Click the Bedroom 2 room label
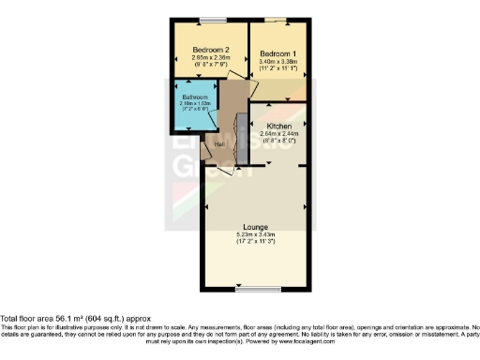pyautogui.click(x=211, y=50)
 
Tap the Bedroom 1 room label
pyautogui.click(x=278, y=53)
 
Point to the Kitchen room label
pyautogui.click(x=279, y=126)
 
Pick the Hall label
pyautogui.click(x=219, y=144)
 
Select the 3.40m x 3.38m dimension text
pyautogui.click(x=278, y=61)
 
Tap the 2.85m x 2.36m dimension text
pyautogui.click(x=211, y=58)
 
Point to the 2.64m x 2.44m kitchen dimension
pyautogui.click(x=279, y=134)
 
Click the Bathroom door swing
pyautogui.click(x=212, y=120)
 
